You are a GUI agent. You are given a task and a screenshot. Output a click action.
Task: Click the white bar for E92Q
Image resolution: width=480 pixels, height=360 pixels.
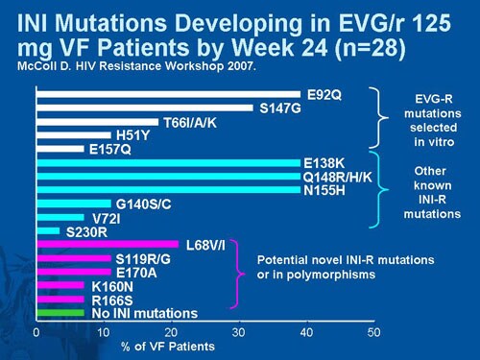pos(168,94)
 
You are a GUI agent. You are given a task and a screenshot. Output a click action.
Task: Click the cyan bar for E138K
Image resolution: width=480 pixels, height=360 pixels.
pos(168,163)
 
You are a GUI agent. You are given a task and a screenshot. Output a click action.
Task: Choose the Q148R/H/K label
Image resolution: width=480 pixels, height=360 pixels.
pos(336,177)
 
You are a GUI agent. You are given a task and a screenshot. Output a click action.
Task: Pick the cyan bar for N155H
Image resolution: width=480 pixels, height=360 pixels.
pos(168,190)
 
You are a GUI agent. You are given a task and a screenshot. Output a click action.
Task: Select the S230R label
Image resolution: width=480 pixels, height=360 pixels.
pos(85,231)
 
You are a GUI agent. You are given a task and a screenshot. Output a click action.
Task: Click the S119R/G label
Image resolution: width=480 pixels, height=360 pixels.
pos(144,259)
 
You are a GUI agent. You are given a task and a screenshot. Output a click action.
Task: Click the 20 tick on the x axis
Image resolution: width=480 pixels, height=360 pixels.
pos(172,332)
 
